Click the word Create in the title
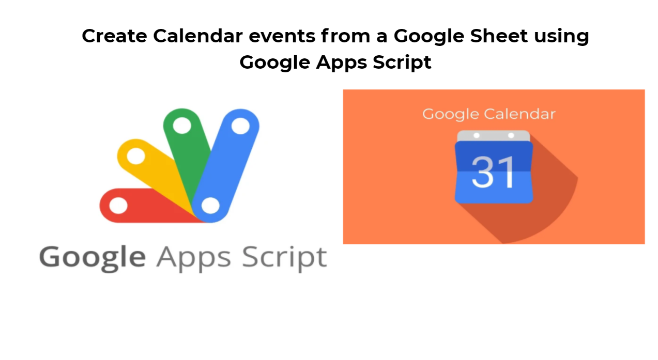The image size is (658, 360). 114,36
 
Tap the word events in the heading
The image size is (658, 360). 282,36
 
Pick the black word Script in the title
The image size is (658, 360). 402,63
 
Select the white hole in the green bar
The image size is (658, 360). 182,126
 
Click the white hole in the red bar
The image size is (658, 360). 118,206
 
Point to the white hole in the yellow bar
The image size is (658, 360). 136,156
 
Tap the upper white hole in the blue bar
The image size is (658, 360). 240,126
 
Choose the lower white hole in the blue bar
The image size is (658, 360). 210,206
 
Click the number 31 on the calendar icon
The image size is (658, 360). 493,172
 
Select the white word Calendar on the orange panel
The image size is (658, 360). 519,114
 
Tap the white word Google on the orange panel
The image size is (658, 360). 450,115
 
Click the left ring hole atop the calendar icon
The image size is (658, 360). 477,135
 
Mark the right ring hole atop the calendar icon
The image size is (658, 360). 511,135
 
